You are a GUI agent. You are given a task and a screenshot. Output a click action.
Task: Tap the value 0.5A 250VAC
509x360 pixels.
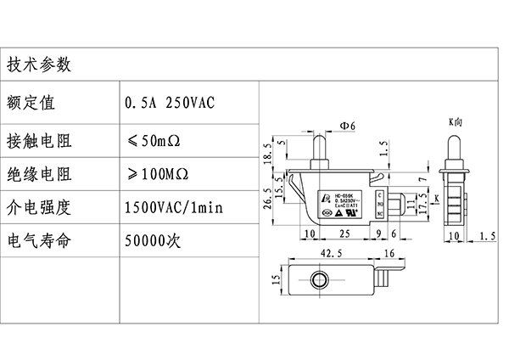click(170, 103)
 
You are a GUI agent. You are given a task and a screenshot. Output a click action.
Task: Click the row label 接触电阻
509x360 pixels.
click(40, 138)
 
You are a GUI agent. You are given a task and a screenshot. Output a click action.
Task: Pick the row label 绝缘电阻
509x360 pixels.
click(40, 174)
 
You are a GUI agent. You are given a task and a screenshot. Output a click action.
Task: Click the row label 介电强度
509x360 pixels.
click(40, 206)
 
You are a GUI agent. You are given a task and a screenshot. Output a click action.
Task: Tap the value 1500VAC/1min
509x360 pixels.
click(173, 206)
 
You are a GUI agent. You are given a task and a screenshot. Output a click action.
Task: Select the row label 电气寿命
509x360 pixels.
click(40, 240)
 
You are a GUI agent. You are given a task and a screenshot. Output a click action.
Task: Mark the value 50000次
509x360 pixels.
click(153, 240)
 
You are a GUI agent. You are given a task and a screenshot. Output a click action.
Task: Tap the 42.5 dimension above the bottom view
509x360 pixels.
click(331, 252)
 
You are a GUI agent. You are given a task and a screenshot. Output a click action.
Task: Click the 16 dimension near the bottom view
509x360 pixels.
click(389, 252)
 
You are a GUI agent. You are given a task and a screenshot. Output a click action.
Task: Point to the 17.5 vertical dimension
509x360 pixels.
click(422, 209)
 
